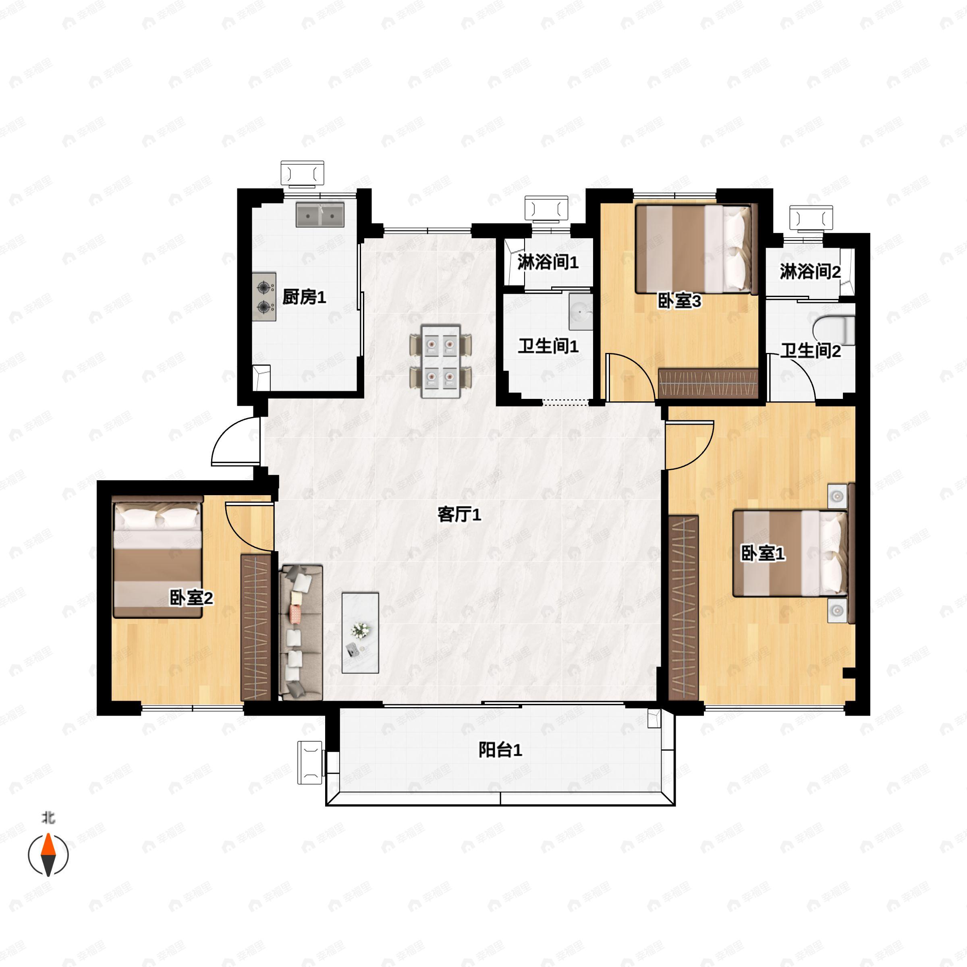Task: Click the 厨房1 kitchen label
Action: [304, 297]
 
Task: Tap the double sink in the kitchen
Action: [320, 215]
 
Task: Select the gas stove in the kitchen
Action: [264, 297]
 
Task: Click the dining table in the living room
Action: [440, 361]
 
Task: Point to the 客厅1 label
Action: [459, 515]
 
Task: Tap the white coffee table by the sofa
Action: [360, 633]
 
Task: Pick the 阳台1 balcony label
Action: [500, 750]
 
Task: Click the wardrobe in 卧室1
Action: [683, 608]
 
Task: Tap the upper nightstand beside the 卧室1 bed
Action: [837, 496]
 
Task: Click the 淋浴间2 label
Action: [810, 272]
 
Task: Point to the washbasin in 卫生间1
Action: [581, 312]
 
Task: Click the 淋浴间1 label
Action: [548, 262]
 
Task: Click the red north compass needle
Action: [48, 845]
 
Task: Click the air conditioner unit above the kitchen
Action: [302, 174]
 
